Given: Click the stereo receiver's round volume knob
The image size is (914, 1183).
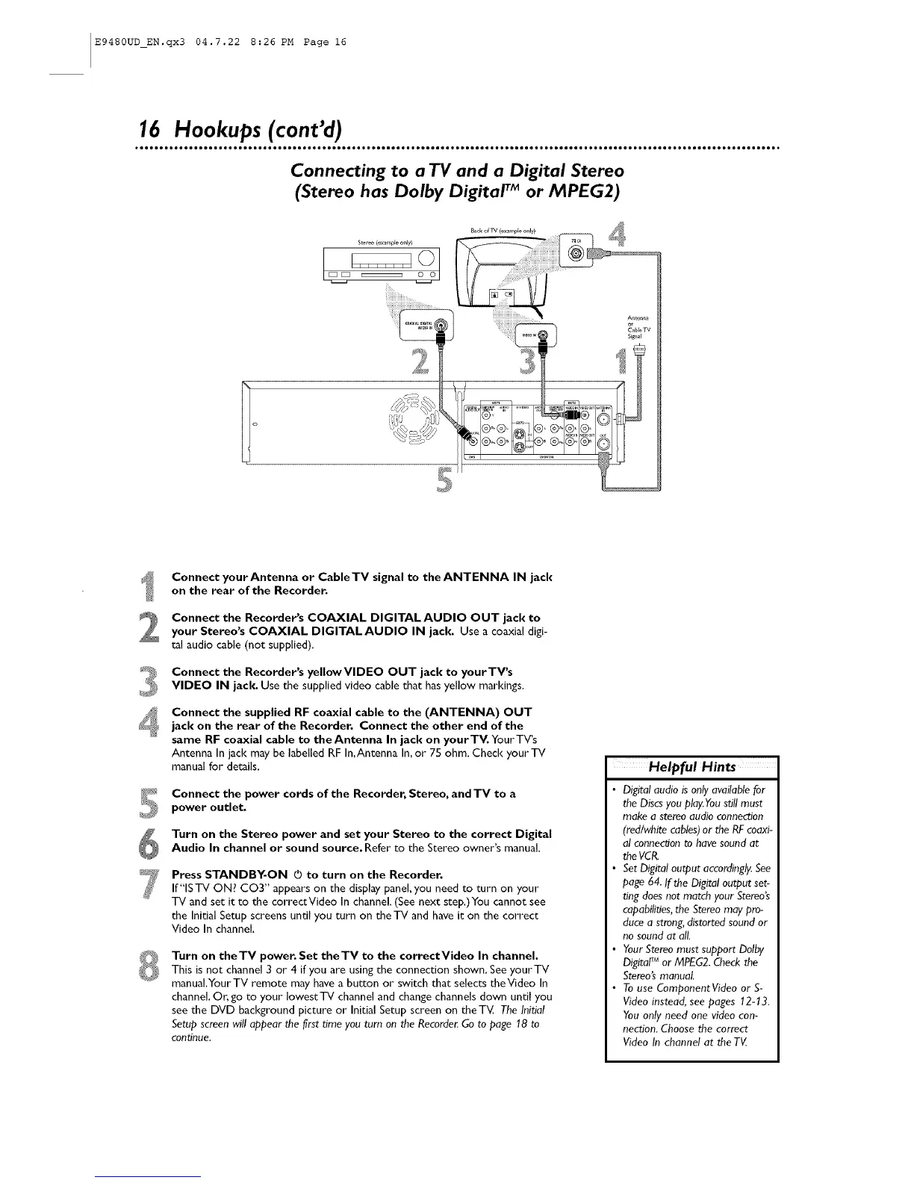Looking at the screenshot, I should (x=427, y=259).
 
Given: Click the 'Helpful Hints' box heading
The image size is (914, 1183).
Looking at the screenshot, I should (x=692, y=767).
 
